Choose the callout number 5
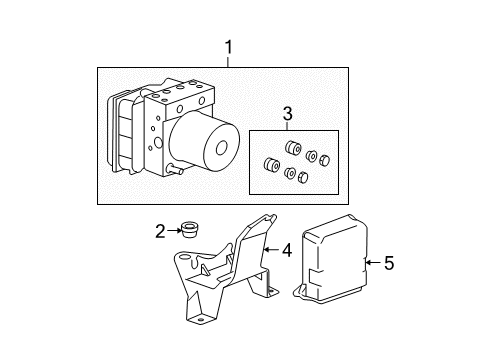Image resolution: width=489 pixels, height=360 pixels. (x=388, y=264)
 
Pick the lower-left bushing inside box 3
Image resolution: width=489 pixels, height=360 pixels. (x=269, y=165)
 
